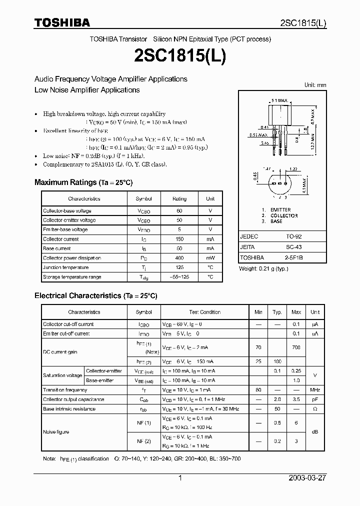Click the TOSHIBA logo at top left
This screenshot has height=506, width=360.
62,22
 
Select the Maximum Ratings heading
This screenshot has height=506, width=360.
83,182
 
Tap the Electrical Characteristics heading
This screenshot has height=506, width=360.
95,296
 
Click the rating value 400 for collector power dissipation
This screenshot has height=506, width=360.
179,258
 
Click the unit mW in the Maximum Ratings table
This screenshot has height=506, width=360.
210,258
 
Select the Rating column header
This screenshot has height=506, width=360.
179,198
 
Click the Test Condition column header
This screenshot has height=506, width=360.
204,312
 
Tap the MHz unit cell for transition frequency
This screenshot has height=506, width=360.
314,390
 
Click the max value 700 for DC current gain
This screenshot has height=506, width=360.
296,347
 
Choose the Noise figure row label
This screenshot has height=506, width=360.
56,432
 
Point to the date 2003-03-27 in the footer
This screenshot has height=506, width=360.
307,478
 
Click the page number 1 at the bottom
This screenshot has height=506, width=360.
180,478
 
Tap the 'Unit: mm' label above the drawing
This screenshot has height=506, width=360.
315,85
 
